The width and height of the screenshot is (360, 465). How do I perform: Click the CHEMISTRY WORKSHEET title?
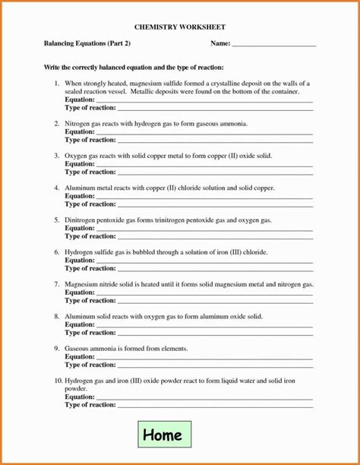[x=180, y=27]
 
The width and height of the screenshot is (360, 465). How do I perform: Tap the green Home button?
[x=163, y=435]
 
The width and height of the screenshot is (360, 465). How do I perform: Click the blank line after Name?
[x=274, y=45]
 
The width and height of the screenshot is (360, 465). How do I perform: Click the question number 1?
[x=56, y=82]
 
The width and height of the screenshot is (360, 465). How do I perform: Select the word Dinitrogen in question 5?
[x=82, y=220]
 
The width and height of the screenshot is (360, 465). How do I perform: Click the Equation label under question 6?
[x=80, y=260]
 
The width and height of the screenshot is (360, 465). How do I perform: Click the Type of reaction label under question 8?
[x=90, y=332]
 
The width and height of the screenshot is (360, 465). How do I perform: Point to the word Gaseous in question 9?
[x=79, y=348]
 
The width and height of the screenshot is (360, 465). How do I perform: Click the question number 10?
[x=57, y=380]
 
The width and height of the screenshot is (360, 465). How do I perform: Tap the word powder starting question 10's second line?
[x=75, y=388]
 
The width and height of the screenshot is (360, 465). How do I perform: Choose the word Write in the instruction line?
[x=52, y=68]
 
